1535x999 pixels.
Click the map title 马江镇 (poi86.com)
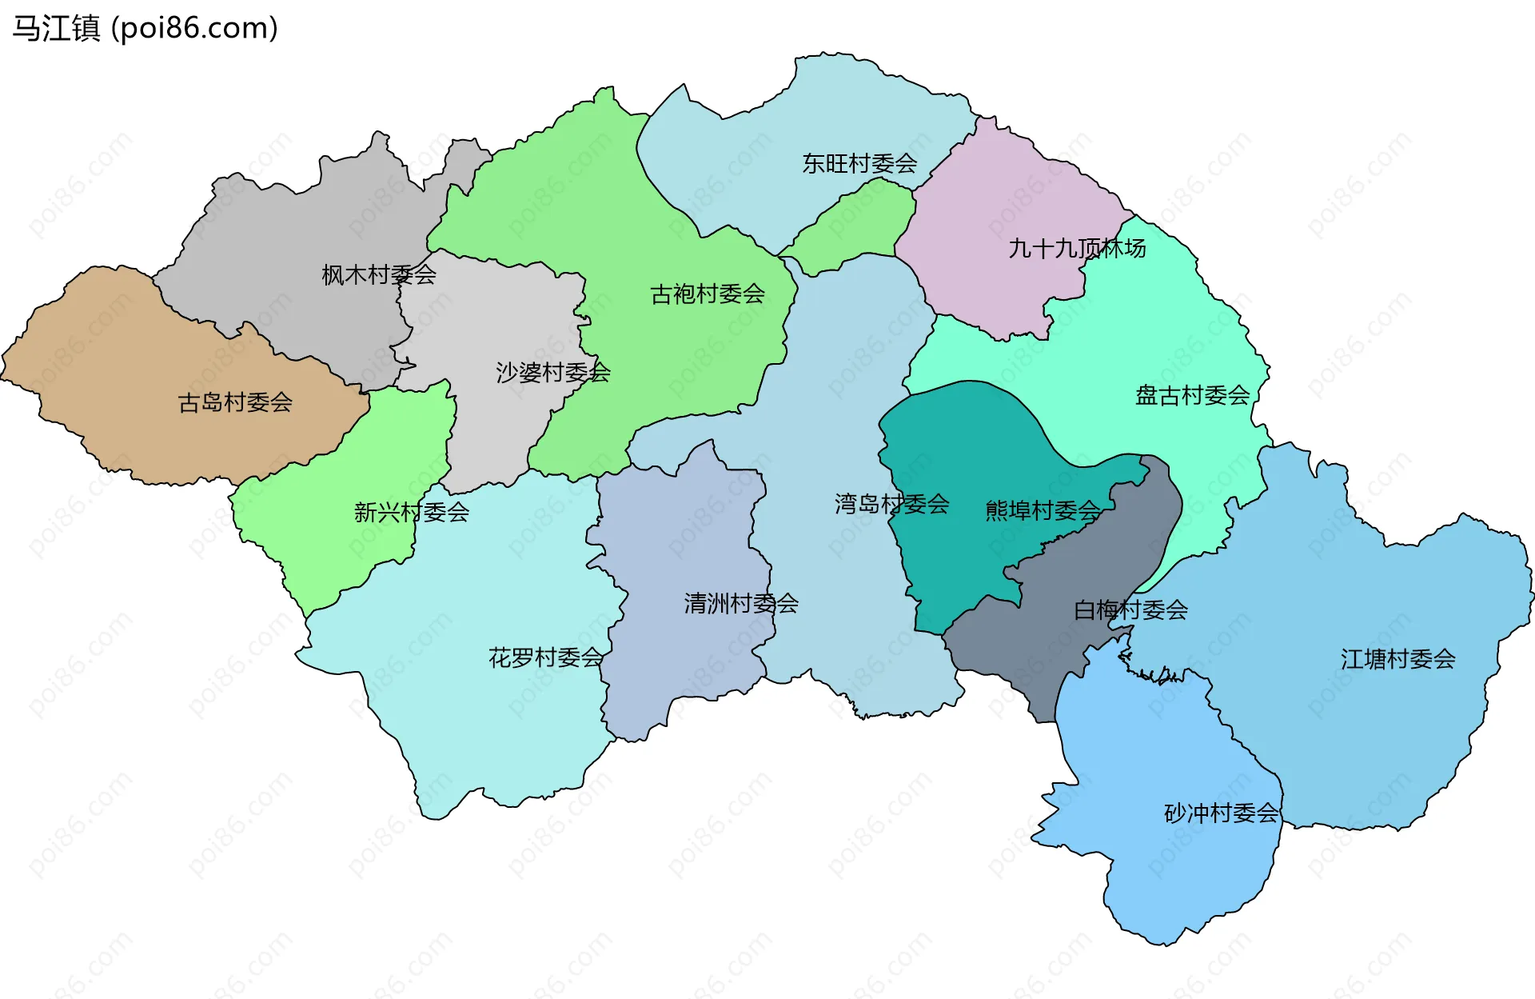pos(145,28)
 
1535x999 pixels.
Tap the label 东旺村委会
pos(859,164)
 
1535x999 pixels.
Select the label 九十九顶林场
pos(1077,249)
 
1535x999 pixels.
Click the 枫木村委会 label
pos(379,275)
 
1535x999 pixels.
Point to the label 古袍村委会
pos(708,294)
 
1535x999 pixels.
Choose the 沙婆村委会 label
pos(553,372)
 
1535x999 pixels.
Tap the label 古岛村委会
pos(235,402)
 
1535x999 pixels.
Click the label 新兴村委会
pos(412,512)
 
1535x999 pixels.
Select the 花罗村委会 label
pos(546,658)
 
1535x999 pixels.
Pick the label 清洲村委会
pos(741,603)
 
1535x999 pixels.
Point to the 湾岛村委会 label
pos(891,504)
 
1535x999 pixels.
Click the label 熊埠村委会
pos(1043,510)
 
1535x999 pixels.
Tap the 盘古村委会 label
pos(1192,395)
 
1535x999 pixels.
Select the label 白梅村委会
pos(1130,610)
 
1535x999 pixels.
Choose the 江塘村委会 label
pos(1397,659)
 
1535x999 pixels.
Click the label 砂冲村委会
pos(1221,813)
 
